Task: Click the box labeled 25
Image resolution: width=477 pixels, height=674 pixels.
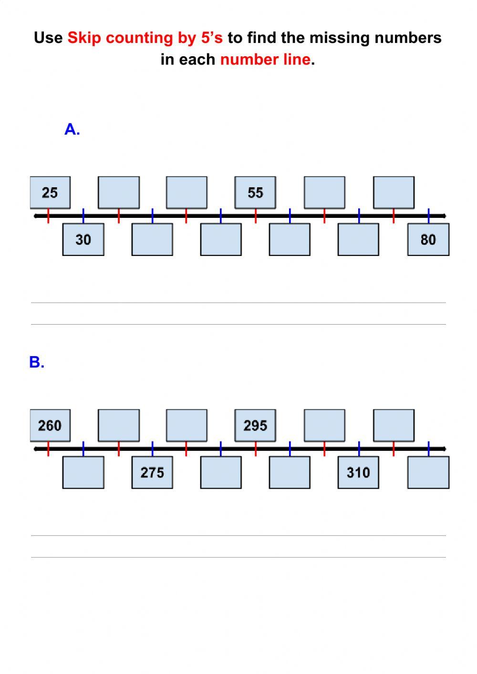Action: pos(50,193)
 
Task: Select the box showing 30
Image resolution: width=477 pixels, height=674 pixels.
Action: pos(83,239)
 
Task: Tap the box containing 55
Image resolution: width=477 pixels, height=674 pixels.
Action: pos(255,193)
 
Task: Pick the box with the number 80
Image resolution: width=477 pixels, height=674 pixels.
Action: pos(428,239)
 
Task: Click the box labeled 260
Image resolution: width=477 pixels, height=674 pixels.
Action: pos(50,425)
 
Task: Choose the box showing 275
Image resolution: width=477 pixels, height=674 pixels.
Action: pos(152,472)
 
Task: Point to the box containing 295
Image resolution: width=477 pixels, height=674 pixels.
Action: pos(255,425)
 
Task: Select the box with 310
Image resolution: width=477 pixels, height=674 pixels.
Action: pos(358,472)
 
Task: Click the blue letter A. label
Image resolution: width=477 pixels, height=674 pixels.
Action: pos(72,129)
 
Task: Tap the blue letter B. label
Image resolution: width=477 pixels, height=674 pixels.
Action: pos(37,362)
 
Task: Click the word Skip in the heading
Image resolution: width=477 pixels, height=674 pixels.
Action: pos(84,38)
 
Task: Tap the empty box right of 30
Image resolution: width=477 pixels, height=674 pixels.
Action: pos(152,239)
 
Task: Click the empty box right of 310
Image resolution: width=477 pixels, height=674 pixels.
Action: pos(428,472)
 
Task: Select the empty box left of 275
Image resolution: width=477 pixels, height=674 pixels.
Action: pos(83,472)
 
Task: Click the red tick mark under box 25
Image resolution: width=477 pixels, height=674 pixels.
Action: pos(48,216)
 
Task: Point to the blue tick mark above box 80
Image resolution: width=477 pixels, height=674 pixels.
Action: pos(428,215)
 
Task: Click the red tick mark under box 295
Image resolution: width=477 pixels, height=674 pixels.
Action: pos(256,449)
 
